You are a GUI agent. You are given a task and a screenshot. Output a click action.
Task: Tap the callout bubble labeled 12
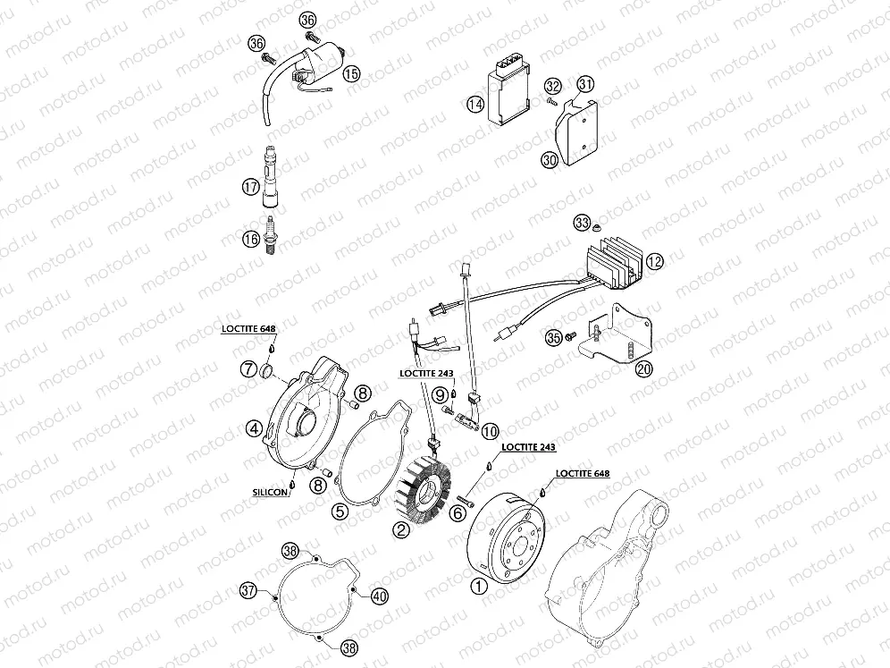(655, 262)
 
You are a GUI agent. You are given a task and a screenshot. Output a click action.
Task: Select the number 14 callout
(475, 106)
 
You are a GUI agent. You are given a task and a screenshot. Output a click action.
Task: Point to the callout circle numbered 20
(642, 369)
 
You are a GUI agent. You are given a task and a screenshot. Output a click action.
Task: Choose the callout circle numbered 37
(248, 590)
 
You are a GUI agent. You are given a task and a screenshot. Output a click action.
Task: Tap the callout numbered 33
(582, 221)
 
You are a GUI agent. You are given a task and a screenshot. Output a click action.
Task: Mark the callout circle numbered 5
(339, 512)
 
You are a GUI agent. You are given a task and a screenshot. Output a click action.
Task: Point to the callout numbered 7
(248, 368)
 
